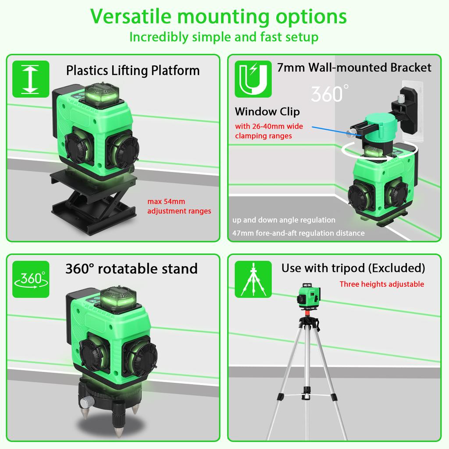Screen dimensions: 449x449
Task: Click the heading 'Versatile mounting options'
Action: point(218,17)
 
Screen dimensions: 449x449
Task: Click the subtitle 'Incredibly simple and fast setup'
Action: point(224,37)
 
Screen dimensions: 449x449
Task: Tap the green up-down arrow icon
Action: point(31,79)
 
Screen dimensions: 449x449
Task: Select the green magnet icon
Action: point(253,79)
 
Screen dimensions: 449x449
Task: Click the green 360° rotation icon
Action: point(31,279)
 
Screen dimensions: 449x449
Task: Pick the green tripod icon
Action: point(253,279)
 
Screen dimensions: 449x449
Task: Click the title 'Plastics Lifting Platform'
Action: point(133,71)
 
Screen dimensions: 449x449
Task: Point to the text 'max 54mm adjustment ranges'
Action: point(179,206)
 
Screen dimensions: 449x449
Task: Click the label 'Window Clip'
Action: point(267,111)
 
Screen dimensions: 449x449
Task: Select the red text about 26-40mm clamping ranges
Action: point(269,131)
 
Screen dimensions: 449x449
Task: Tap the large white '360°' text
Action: point(330,93)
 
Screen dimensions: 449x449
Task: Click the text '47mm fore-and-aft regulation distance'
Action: point(298,233)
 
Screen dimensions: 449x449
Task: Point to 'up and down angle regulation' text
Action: point(284,220)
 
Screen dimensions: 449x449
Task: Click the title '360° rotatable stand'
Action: point(132,269)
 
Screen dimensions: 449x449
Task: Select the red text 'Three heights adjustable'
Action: point(382,284)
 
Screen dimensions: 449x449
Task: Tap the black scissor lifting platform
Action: point(93,200)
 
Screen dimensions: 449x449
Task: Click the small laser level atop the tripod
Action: point(308,296)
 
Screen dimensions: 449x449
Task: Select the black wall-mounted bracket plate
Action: point(409,110)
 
